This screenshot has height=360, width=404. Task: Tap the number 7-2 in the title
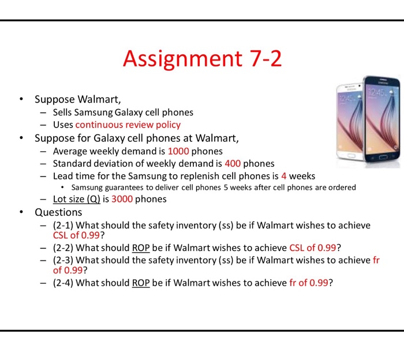click(x=261, y=59)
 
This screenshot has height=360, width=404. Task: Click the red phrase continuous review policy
click(x=128, y=125)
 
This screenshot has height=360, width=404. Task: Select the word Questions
click(x=58, y=212)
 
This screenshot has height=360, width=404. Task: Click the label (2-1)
click(x=63, y=225)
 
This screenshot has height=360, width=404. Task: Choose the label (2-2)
click(x=63, y=248)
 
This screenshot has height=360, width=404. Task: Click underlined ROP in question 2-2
click(x=141, y=248)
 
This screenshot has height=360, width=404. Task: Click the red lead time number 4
click(x=284, y=175)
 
